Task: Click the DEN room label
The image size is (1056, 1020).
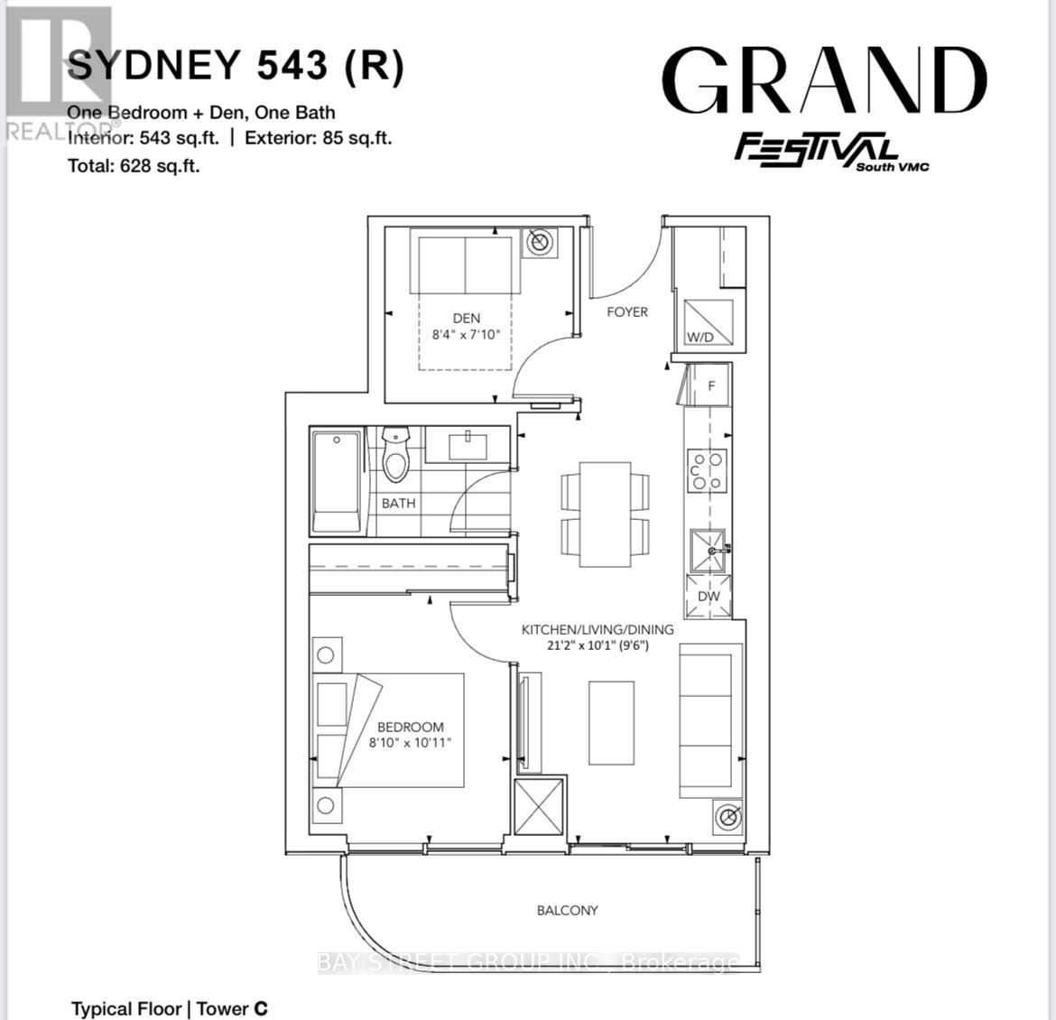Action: click(466, 318)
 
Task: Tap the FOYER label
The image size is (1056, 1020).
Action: click(626, 311)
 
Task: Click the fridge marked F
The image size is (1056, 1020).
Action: click(710, 385)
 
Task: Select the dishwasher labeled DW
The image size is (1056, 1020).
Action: click(709, 597)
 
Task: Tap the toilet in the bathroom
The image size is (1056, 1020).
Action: click(395, 455)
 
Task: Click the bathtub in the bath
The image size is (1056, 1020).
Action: click(337, 483)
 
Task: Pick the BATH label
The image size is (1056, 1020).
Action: click(398, 503)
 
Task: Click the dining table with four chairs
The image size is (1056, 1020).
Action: click(605, 515)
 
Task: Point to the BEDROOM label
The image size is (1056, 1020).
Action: click(410, 727)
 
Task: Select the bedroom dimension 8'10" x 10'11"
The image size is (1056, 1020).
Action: click(410, 743)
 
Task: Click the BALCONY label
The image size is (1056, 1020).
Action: click(567, 910)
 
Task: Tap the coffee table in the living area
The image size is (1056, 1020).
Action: click(611, 723)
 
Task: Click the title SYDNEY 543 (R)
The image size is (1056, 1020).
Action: click(236, 66)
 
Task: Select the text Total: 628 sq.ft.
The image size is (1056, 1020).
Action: click(134, 165)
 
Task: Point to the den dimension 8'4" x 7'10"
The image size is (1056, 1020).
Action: click(466, 334)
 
